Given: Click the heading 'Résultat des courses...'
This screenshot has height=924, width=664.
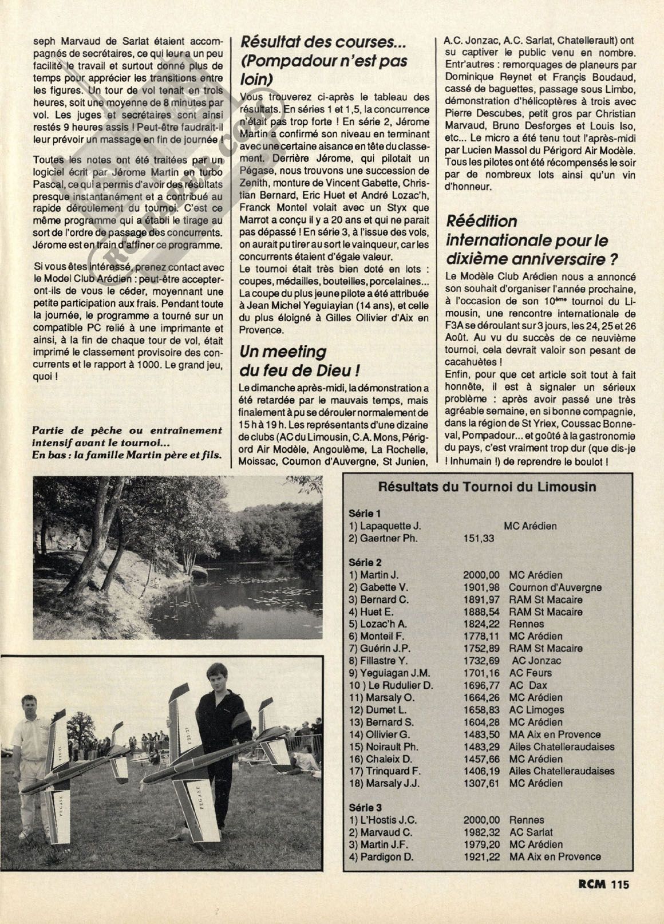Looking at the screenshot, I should click(323, 42).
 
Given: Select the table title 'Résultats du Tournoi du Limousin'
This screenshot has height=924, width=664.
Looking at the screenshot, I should click(487, 487).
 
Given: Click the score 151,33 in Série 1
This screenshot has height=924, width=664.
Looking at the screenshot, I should click(478, 538).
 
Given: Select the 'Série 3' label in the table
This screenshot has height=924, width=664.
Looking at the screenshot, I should click(364, 807).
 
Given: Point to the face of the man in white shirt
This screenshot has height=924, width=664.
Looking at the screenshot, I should click(29, 705).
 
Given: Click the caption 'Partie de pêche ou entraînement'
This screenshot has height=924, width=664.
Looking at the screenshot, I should click(127, 431).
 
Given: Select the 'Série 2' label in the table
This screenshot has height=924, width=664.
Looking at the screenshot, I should click(364, 562).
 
